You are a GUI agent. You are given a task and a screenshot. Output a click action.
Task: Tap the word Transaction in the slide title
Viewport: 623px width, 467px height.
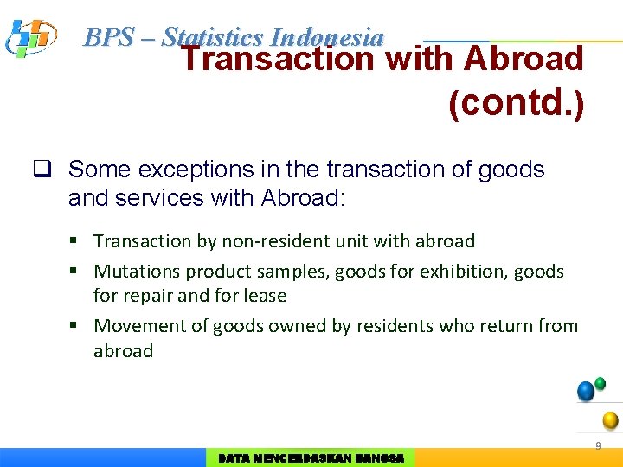pyautogui.click(x=277, y=60)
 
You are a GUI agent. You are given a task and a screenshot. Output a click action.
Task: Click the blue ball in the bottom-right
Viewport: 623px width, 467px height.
pyautogui.click(x=586, y=391)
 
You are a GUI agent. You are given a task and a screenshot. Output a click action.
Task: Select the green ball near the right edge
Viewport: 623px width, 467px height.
pyautogui.click(x=601, y=383)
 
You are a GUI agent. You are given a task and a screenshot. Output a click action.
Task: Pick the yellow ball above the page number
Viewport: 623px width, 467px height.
pyautogui.click(x=610, y=420)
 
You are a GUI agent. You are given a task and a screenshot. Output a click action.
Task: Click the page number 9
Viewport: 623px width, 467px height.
pyautogui.click(x=597, y=445)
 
